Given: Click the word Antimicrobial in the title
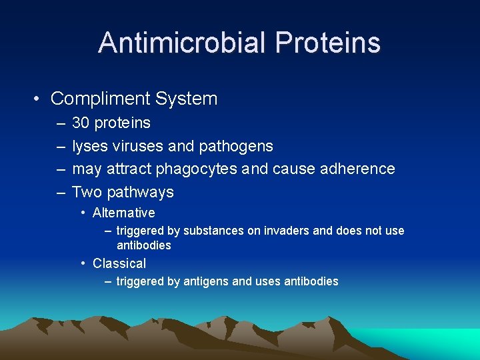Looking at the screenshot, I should (181, 43).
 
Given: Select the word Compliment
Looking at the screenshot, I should (100, 99).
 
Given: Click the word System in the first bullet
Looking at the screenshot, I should (187, 99).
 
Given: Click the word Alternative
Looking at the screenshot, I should (124, 213).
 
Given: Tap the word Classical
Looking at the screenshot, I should (119, 263).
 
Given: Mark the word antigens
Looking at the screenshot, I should (206, 282).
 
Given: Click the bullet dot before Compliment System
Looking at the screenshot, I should (37, 99).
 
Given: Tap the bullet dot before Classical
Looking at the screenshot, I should (83, 263).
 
